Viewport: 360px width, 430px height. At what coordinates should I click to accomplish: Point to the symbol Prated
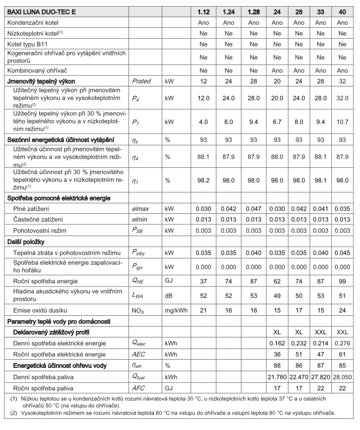141,81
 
